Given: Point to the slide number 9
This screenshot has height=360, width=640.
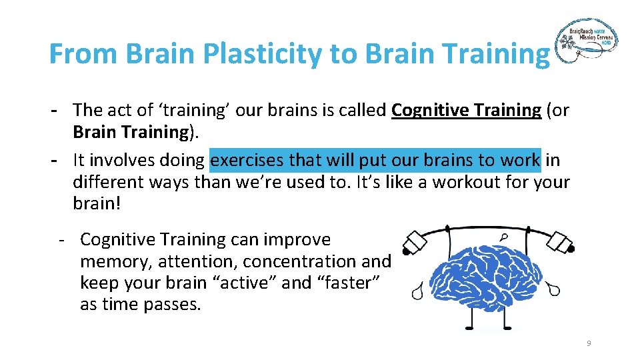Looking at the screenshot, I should coord(589,343).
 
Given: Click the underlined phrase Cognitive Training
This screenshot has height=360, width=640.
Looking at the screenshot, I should coord(466,109).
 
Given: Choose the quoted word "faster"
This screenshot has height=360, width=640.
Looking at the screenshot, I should coord(348,283).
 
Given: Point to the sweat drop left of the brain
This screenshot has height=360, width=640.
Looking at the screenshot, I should coord(418,292).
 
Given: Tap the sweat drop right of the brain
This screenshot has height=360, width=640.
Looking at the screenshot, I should coord(553,288).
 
